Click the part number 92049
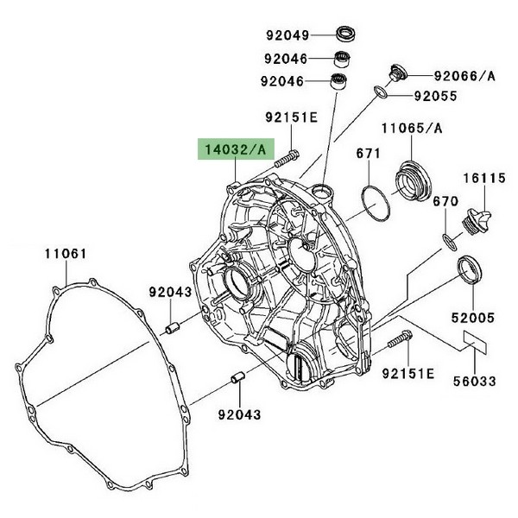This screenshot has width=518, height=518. click(287, 35)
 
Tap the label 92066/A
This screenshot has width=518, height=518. click(464, 76)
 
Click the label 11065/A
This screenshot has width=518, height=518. click(414, 129)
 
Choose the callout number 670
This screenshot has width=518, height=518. click(445, 202)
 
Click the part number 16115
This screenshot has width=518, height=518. click(485, 179)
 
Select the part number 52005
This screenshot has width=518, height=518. click(473, 319)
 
